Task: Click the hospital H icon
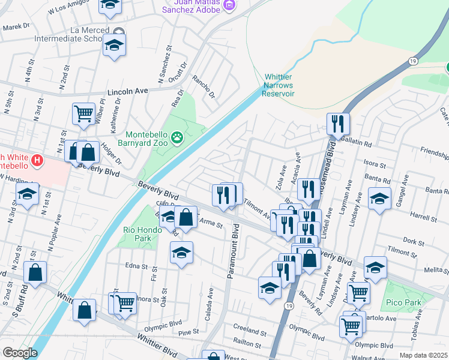pyautogui.click(x=37, y=161)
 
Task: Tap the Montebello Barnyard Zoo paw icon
pyautogui.click(x=177, y=139)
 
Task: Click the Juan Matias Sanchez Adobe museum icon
pyautogui.click(x=228, y=5)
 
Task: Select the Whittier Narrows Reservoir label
pyautogui.click(x=279, y=85)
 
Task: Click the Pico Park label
pyautogui.click(x=405, y=302)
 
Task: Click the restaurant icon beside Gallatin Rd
pyautogui.click(x=338, y=124)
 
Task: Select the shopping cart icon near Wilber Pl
pyautogui.click(x=83, y=113)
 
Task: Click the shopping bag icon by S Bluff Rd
pyautogui.click(x=35, y=272)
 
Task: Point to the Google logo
pyautogui.click(x=20, y=353)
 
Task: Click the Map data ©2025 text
pyautogui.click(x=423, y=355)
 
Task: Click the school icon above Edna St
pyautogui.click(x=181, y=252)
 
